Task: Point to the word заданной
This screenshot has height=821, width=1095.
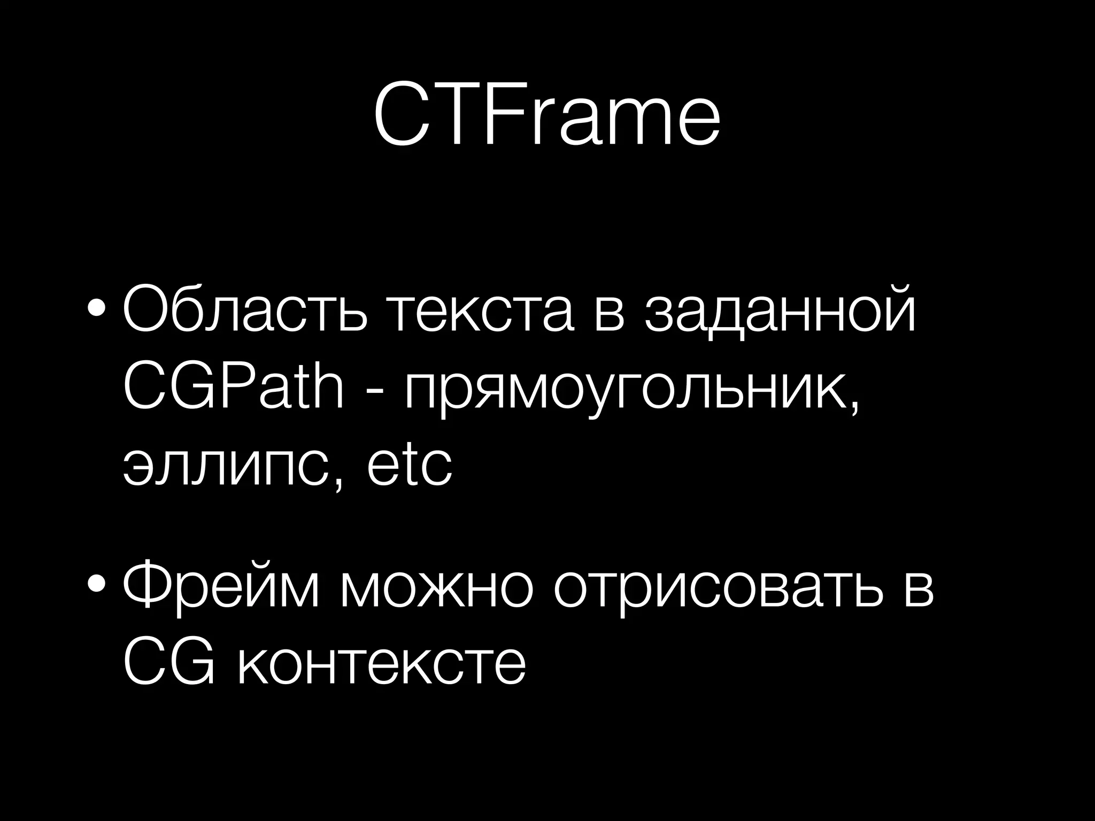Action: pos(780,310)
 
